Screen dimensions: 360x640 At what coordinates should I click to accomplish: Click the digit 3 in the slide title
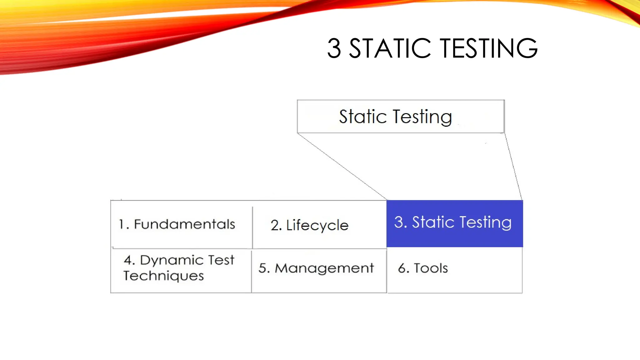click(x=334, y=48)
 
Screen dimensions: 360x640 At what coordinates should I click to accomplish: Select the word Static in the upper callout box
click(x=363, y=117)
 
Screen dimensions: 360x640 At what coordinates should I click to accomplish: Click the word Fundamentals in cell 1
click(x=184, y=224)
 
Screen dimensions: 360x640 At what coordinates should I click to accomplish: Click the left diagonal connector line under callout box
click(x=342, y=167)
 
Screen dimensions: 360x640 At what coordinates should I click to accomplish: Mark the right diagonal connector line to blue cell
click(x=513, y=167)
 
